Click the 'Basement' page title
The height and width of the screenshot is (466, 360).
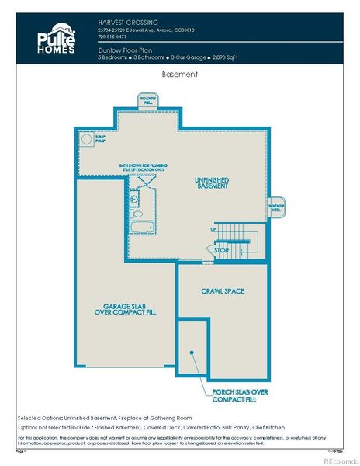(179, 75)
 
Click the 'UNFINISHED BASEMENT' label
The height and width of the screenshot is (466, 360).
(211, 183)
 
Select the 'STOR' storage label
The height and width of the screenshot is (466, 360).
(222, 251)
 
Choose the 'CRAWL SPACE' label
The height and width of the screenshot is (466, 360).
(223, 291)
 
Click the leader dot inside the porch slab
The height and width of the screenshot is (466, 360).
(190, 352)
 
